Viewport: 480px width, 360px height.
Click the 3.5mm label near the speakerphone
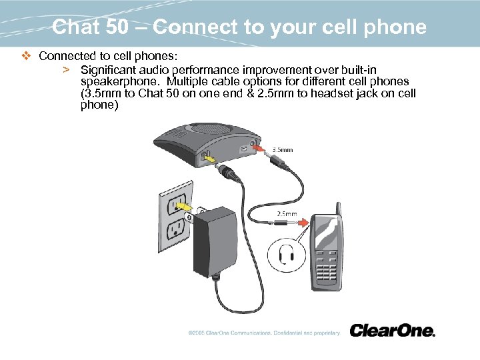tap(283, 150)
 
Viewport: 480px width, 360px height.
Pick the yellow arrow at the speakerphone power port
tap(209, 160)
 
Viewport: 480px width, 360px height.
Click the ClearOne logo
tap(392, 331)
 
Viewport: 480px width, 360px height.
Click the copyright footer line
tap(264, 332)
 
